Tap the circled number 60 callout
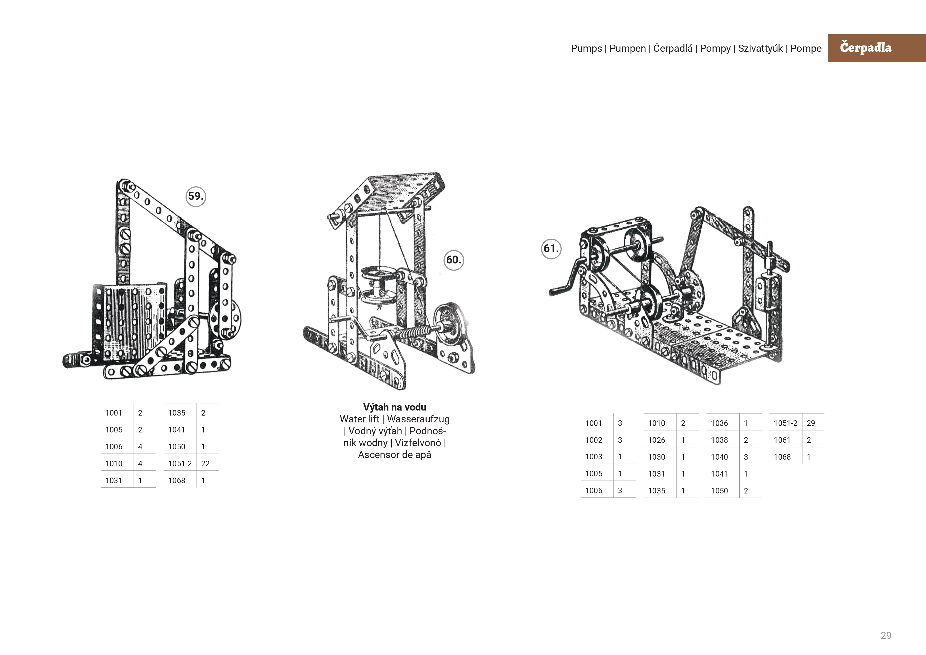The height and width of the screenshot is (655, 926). [x=454, y=260]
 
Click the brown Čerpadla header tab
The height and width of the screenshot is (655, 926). [x=876, y=48]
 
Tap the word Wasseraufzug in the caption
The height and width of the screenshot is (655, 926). [x=418, y=419]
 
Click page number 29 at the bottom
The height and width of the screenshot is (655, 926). [x=886, y=636]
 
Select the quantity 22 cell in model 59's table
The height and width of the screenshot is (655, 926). [x=205, y=463]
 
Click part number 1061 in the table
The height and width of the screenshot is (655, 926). [x=782, y=440]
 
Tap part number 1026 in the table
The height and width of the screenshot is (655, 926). [x=656, y=440]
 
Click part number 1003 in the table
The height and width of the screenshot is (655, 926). [x=594, y=457]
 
